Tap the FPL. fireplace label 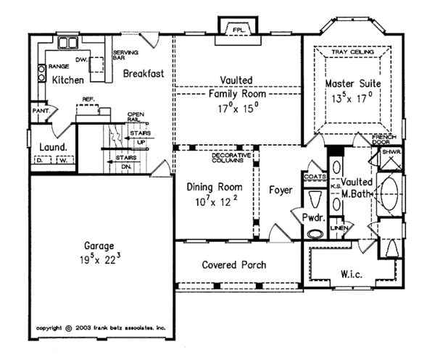[236, 29]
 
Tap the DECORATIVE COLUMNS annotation [231, 158]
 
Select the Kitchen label [67, 80]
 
